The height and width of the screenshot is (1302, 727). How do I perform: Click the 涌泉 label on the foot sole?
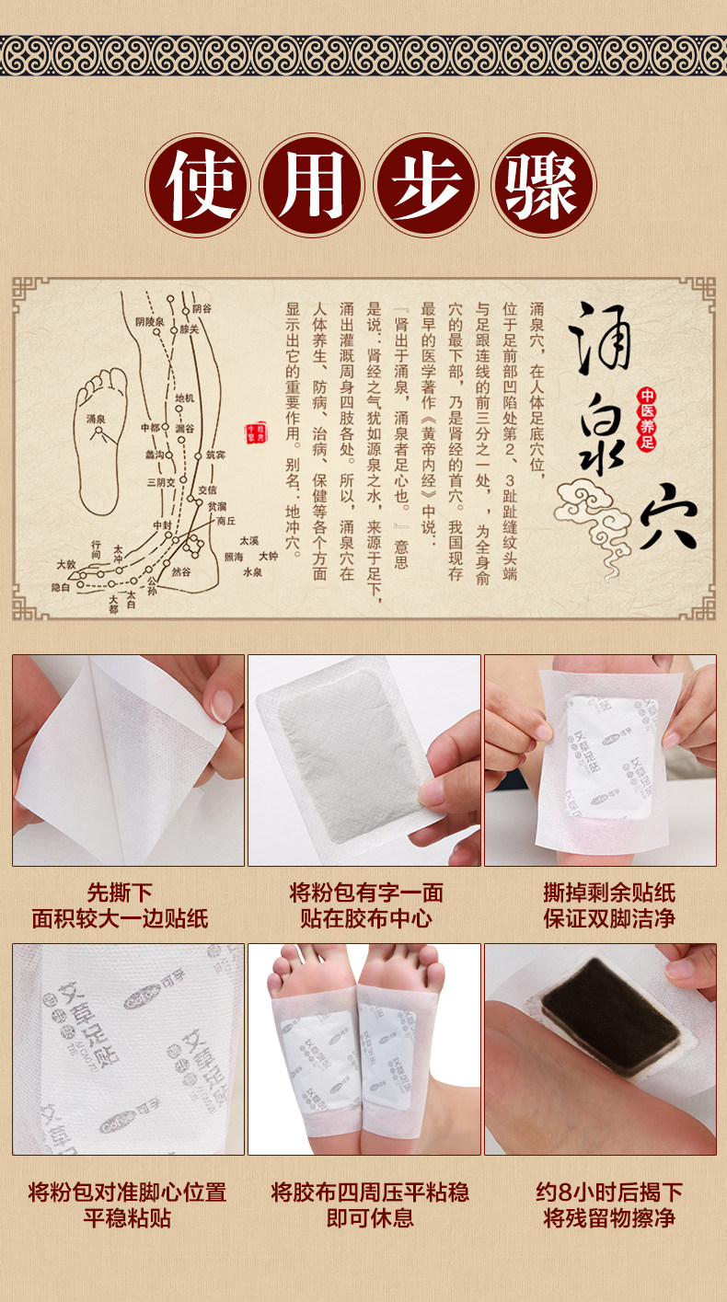point(97,419)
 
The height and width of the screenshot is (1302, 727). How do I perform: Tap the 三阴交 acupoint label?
point(160,481)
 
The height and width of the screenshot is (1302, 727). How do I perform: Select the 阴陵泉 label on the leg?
point(148,322)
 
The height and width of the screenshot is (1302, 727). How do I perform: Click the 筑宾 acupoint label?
point(215,455)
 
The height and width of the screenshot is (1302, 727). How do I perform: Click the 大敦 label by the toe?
point(65,563)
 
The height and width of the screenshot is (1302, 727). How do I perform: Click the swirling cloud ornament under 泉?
point(589,515)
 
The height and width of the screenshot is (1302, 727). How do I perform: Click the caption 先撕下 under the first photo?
point(120,893)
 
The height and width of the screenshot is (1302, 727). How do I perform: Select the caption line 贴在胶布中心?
point(365,918)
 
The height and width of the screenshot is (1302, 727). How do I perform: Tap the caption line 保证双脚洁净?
point(608,918)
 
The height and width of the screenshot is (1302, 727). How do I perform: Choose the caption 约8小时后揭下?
point(608,1193)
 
